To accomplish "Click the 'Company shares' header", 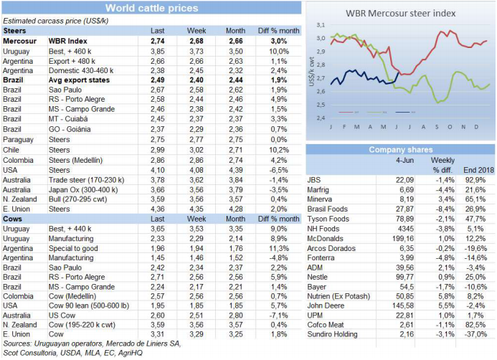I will [x=399, y=149].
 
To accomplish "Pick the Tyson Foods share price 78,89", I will [x=402, y=218].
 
